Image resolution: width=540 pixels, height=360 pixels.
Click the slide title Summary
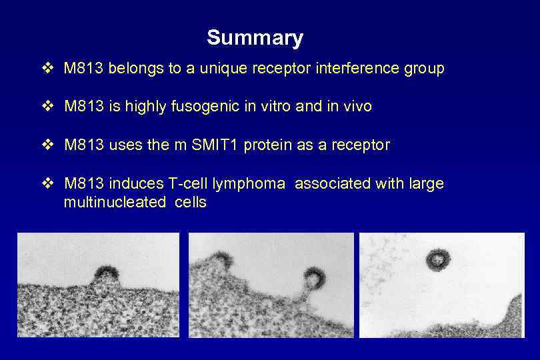[255, 38]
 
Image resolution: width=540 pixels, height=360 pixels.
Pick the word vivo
[356, 107]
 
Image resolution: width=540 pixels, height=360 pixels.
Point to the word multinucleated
[114, 203]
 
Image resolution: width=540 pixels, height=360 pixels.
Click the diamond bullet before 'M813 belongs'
[48, 69]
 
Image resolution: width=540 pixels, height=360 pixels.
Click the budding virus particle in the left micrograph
[107, 273]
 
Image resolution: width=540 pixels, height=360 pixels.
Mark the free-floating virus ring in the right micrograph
[438, 259]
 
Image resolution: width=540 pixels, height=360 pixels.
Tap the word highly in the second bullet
[142, 107]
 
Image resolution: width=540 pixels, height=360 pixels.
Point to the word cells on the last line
[190, 203]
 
